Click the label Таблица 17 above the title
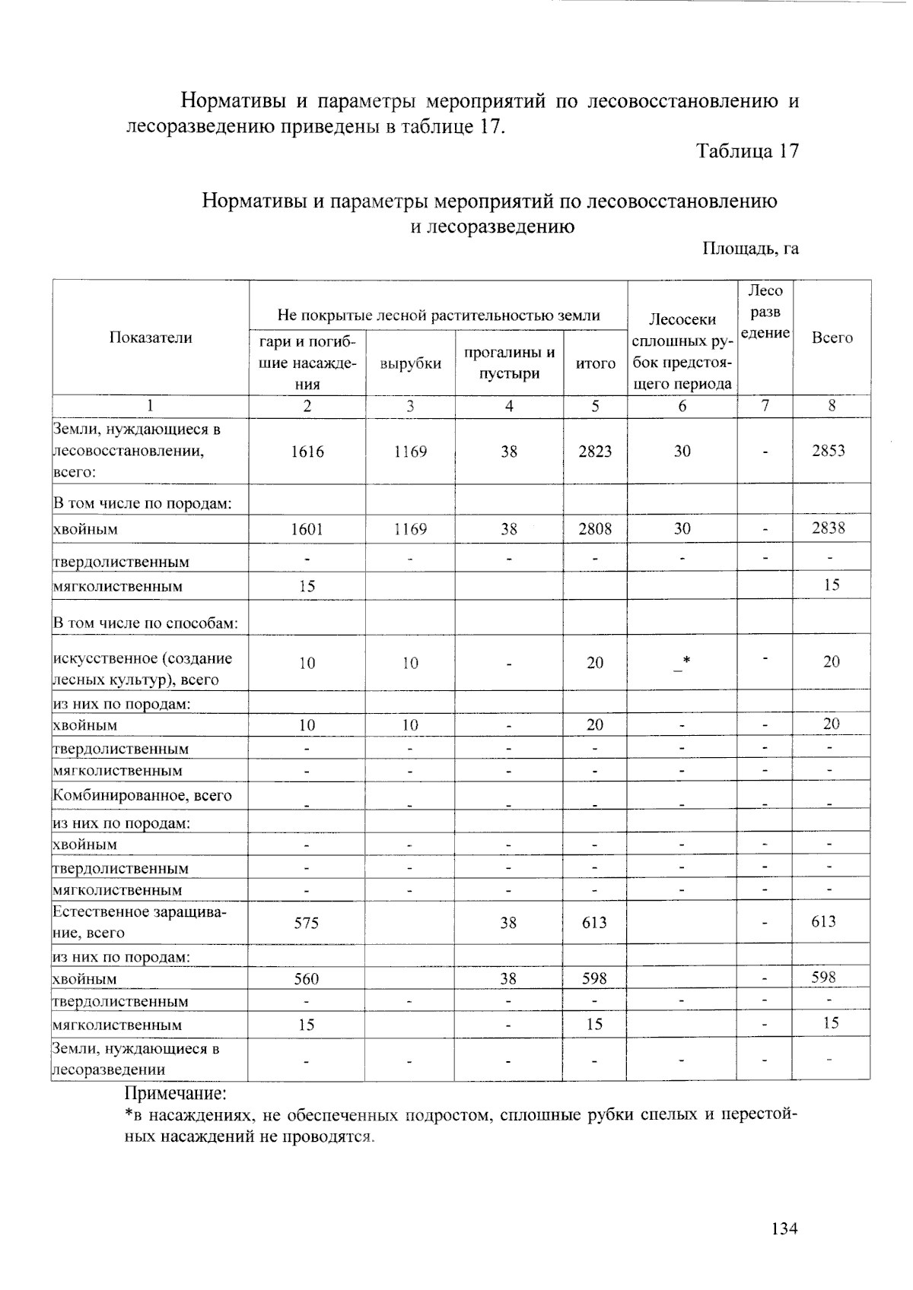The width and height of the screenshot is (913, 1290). tap(747, 151)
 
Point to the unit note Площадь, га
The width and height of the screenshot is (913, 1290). tap(749, 249)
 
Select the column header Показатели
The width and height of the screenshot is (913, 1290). tap(151, 338)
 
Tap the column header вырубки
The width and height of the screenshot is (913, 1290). tap(410, 363)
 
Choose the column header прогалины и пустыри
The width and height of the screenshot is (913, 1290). tap(509, 363)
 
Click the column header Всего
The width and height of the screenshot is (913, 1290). tap(832, 338)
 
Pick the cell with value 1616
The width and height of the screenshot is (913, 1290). tap(307, 452)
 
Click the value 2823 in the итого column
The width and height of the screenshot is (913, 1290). tap(595, 452)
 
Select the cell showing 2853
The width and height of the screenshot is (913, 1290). tap(828, 451)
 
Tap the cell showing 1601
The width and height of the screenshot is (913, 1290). tap(307, 529)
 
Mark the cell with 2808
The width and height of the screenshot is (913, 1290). tap(595, 529)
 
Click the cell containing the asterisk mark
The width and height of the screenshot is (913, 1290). tap(682, 662)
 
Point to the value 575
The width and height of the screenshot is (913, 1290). tap(307, 923)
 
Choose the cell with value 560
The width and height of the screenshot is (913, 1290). tap(307, 979)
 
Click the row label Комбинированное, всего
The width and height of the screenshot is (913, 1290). tap(142, 796)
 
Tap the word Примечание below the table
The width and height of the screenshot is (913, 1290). tap(176, 1094)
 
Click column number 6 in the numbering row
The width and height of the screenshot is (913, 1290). tap(682, 406)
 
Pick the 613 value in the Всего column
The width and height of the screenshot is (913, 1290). tap(823, 922)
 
